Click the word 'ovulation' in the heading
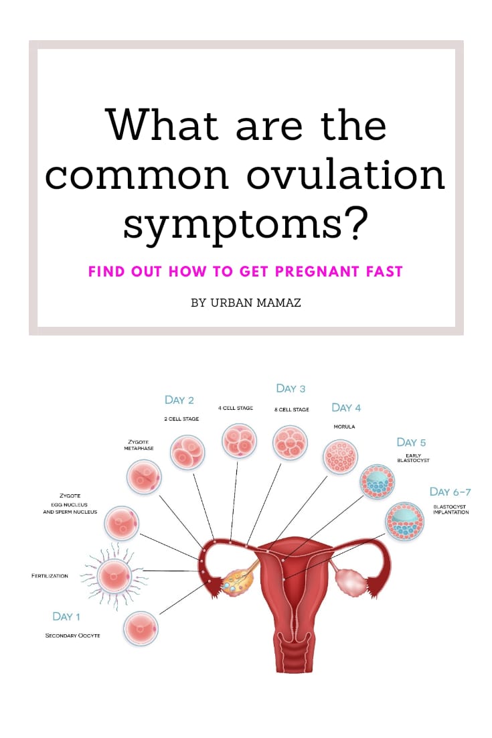[x=347, y=174]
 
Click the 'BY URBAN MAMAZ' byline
[x=246, y=303]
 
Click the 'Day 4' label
[x=346, y=407]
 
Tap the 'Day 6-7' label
[x=449, y=492]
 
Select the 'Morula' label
[x=343, y=426]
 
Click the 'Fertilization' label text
[x=50, y=575]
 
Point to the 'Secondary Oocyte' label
[x=72, y=635]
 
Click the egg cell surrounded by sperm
[x=115, y=575]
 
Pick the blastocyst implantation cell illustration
[x=405, y=521]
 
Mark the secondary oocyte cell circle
[x=141, y=628]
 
